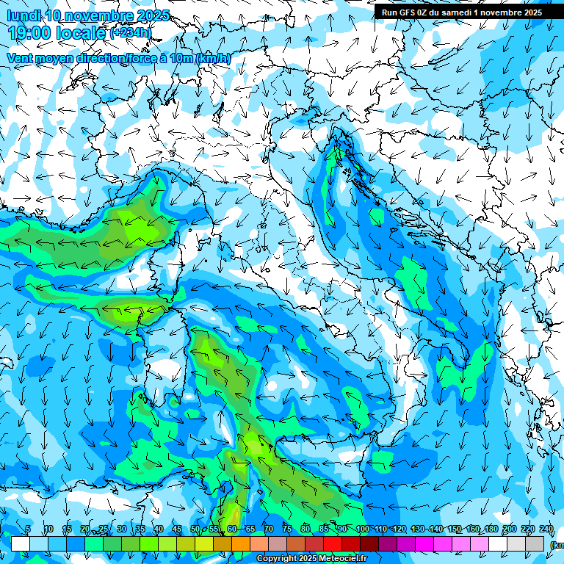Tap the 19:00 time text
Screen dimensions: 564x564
coord(32,33)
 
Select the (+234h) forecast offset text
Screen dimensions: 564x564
coord(130,33)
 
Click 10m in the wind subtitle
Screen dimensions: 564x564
coord(181,59)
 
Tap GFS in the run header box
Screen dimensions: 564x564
coord(409,12)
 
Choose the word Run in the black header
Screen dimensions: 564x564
coord(390,12)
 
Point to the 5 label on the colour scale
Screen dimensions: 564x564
coord(28,529)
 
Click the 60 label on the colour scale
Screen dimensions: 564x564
coord(231,529)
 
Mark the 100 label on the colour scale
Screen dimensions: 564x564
coord(361,529)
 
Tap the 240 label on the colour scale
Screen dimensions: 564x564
coord(546,529)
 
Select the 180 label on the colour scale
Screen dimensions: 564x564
coord(490,529)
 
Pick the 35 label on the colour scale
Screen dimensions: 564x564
coord(140,529)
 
